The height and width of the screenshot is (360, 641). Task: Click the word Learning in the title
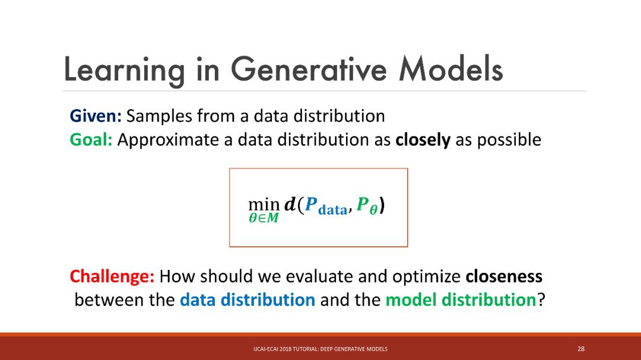[x=124, y=71]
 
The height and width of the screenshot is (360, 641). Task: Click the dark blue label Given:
[x=96, y=116]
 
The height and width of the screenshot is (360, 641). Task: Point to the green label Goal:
[x=91, y=140]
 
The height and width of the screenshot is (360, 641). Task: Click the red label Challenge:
[x=112, y=276]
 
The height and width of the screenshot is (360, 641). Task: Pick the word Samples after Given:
[x=160, y=116]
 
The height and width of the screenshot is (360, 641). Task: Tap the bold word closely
[x=423, y=140]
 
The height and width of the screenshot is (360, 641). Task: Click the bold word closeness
[x=504, y=276]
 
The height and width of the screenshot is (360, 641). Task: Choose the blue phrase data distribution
[x=247, y=300]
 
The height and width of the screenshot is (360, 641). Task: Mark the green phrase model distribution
[x=461, y=300]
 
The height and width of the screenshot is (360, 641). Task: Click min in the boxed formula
[x=264, y=204]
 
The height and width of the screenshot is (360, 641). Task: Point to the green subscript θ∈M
[x=264, y=219]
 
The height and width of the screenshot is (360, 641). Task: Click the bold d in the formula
[x=290, y=203]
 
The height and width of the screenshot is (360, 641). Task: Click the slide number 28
[x=581, y=349]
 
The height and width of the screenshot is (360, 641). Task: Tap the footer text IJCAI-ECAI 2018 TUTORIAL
[x=285, y=349]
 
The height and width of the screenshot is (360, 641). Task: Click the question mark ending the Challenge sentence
[x=541, y=300]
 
